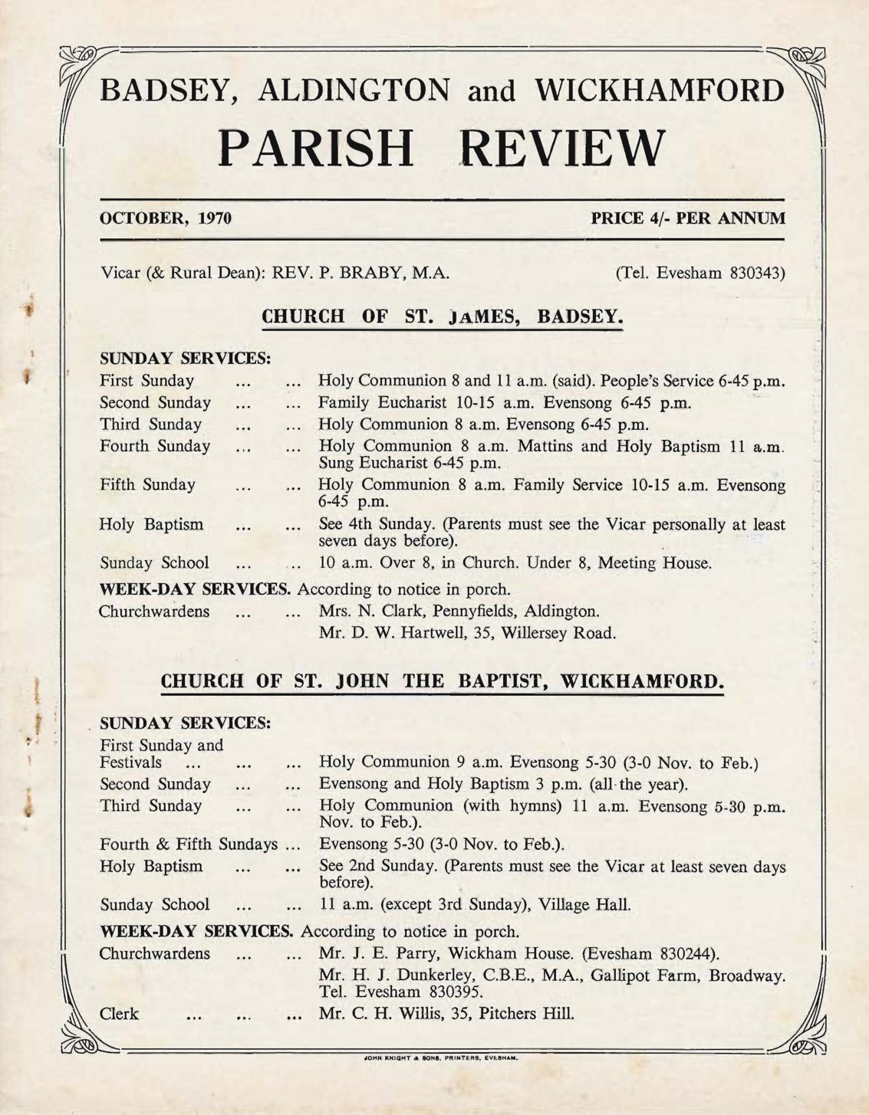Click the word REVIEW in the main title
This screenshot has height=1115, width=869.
coord(561,148)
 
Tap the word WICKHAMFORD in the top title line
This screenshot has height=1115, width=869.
coord(660,90)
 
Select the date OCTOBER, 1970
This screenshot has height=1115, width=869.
coord(166,218)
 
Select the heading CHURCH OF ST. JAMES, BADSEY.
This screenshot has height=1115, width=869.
coord(442,317)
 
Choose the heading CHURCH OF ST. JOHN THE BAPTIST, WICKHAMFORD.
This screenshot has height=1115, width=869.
coord(442,681)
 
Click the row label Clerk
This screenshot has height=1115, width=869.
coord(119,1014)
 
